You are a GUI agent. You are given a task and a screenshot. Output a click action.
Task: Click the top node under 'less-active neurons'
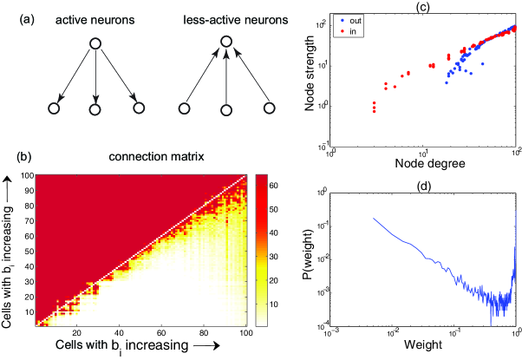point(225,41)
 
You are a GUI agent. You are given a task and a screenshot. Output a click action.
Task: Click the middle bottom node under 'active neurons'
point(96,109)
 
